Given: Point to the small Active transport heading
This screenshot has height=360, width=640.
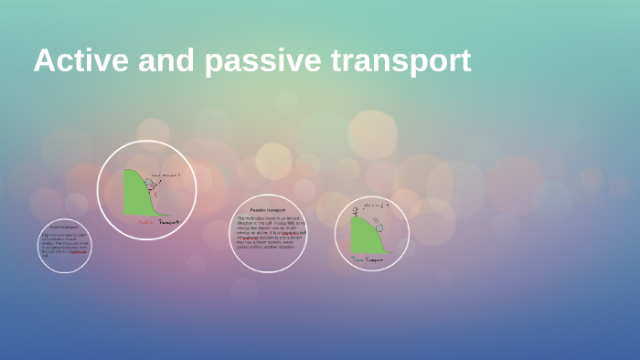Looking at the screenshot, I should tap(64, 228).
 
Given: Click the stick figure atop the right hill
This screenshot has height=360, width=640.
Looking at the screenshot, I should tap(357, 210).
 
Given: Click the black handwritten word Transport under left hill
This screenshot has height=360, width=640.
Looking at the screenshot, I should tap(168, 221).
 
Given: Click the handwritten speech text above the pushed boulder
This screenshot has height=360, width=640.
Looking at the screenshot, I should tap(166, 174).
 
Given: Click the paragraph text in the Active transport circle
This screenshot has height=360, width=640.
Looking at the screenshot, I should tap(63, 244).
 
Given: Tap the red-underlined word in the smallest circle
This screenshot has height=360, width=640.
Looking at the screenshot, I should tap(80, 251).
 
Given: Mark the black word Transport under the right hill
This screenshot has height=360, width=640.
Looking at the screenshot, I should tap(374, 259).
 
